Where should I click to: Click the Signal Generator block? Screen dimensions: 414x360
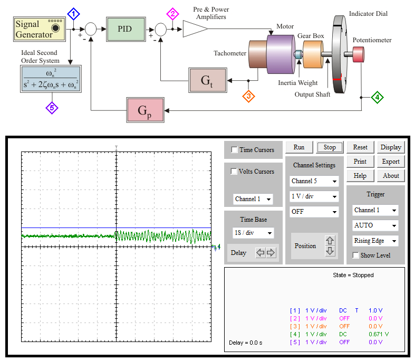[40, 29]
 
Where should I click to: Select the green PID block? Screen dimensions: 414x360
[126, 29]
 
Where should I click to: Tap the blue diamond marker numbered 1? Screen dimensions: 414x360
[74, 14]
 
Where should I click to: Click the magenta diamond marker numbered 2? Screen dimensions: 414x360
[172, 14]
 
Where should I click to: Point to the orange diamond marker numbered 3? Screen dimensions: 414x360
[248, 96]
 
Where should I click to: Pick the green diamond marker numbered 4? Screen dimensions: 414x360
[377, 97]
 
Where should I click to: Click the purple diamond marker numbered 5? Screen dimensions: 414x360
[52, 108]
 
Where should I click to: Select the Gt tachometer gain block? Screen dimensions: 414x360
[208, 80]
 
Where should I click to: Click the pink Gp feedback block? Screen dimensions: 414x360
[145, 110]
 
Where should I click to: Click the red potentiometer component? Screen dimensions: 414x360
[358, 54]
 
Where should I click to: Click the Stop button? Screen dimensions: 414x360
[330, 147]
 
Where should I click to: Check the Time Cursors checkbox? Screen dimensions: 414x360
[234, 149]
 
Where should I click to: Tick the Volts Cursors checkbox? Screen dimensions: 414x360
[234, 171]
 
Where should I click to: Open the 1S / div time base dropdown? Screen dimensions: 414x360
[253, 233]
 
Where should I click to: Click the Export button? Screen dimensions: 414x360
[391, 162]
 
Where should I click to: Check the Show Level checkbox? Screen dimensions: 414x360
[356, 255]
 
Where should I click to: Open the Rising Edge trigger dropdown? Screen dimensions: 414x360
[375, 241]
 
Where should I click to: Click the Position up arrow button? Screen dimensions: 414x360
[330, 241]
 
